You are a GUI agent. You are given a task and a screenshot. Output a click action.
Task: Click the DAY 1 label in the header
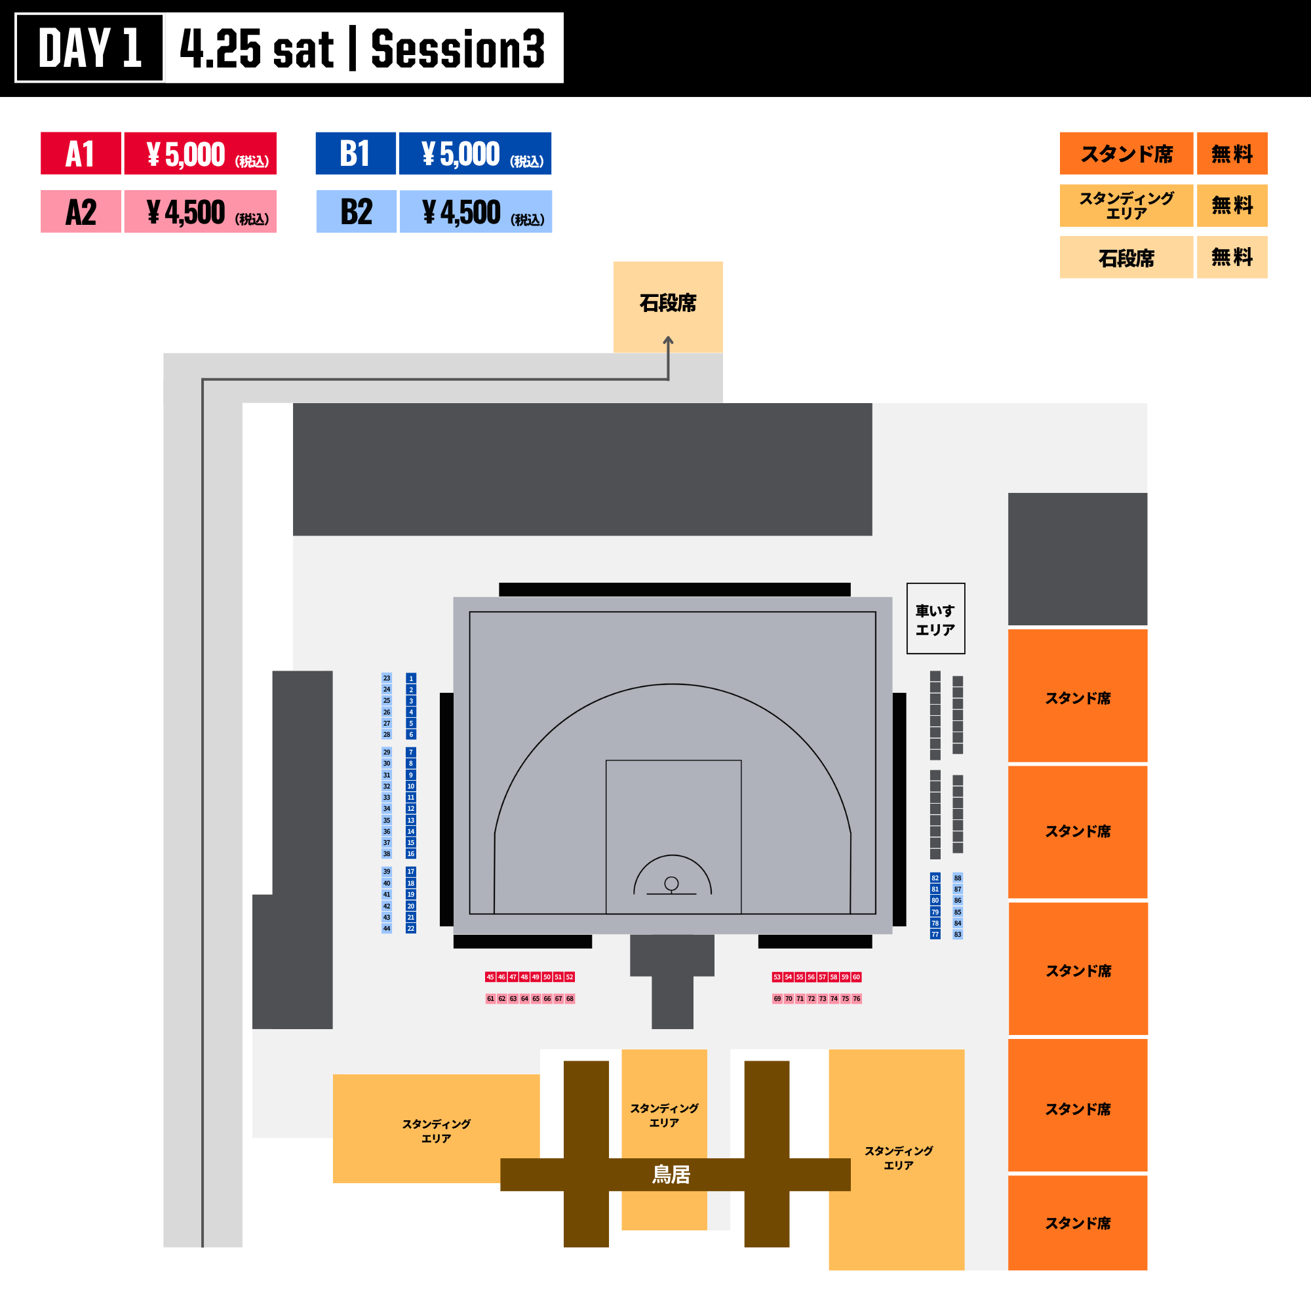point(90,48)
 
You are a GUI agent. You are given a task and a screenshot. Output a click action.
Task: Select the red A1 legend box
point(81,153)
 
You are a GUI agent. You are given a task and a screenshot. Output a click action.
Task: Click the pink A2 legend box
point(81,212)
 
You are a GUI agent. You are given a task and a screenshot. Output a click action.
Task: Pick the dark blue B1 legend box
point(355,153)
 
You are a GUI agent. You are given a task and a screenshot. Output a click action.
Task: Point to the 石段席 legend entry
point(1126,257)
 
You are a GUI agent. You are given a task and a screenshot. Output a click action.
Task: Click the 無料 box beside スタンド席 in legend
point(1232,153)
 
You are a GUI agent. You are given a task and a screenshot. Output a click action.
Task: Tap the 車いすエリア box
point(936,618)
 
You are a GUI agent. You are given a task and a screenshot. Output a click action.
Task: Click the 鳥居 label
point(671,1174)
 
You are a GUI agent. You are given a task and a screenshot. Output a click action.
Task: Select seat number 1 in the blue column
point(410,678)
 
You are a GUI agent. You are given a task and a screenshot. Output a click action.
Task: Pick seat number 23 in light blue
point(387,678)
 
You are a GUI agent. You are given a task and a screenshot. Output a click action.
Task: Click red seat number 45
point(490,977)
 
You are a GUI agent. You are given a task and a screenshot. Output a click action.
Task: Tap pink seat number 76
point(856,999)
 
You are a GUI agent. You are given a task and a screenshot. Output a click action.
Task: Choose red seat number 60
point(856,977)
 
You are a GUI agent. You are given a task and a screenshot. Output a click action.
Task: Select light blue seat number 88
point(958,878)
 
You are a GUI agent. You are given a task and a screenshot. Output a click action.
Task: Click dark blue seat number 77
point(935,934)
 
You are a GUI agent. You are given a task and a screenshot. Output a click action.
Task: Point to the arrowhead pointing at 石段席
point(669,339)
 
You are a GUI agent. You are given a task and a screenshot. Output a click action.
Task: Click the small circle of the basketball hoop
point(672,884)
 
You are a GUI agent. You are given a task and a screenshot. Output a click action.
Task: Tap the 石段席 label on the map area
point(668,303)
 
